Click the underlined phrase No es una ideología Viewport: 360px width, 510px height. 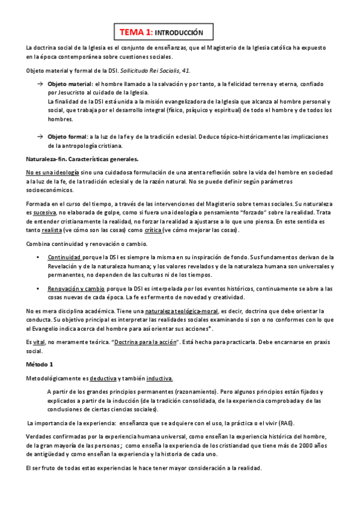(51, 172)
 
